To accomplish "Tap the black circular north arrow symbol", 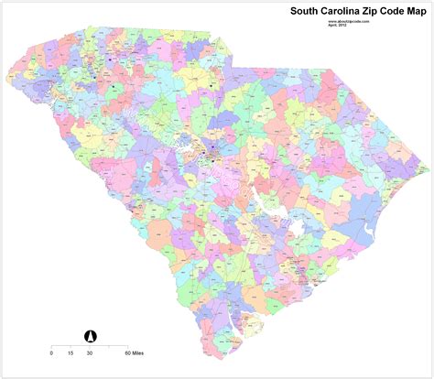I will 91,335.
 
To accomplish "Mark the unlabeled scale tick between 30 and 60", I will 109,345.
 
